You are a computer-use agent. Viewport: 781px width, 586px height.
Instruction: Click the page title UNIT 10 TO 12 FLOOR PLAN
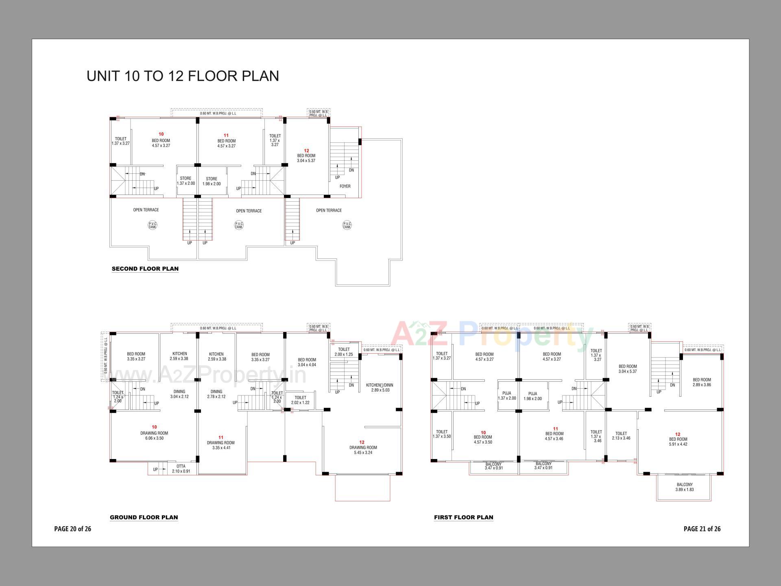tap(183, 76)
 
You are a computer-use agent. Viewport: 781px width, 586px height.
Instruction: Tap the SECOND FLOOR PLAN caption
tap(145, 269)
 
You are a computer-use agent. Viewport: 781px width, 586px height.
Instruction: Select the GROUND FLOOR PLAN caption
tap(144, 517)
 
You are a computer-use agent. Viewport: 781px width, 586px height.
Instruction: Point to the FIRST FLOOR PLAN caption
tap(463, 517)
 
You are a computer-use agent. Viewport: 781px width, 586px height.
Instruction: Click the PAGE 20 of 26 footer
tap(72, 529)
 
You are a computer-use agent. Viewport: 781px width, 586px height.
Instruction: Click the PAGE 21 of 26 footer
tap(702, 529)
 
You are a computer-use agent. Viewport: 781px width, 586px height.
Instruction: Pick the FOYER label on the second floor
tap(345, 186)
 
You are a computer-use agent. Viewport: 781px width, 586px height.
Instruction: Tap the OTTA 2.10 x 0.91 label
tap(181, 469)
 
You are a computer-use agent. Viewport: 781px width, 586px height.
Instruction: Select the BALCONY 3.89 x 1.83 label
tap(684, 487)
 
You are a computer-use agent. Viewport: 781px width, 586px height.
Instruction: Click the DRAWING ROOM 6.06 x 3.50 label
tap(154, 435)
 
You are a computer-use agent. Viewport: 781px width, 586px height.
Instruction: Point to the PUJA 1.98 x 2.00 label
tap(532, 396)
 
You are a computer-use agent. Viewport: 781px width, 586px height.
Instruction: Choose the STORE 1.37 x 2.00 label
tap(185, 181)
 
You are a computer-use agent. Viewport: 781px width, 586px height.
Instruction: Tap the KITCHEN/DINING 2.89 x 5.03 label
tap(380, 387)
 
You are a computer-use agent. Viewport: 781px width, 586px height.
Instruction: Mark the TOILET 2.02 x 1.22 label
tap(300, 400)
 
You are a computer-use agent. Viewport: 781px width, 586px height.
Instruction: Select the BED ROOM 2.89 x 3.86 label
tap(702, 382)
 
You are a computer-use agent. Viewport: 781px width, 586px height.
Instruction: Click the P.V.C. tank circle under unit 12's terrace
tap(347, 225)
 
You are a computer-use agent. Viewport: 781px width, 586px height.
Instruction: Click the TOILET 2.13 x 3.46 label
tap(621, 436)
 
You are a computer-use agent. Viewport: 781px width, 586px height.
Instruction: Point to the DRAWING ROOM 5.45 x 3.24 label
tap(363, 450)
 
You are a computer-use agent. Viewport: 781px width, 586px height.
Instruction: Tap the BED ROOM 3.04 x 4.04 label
tap(307, 362)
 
